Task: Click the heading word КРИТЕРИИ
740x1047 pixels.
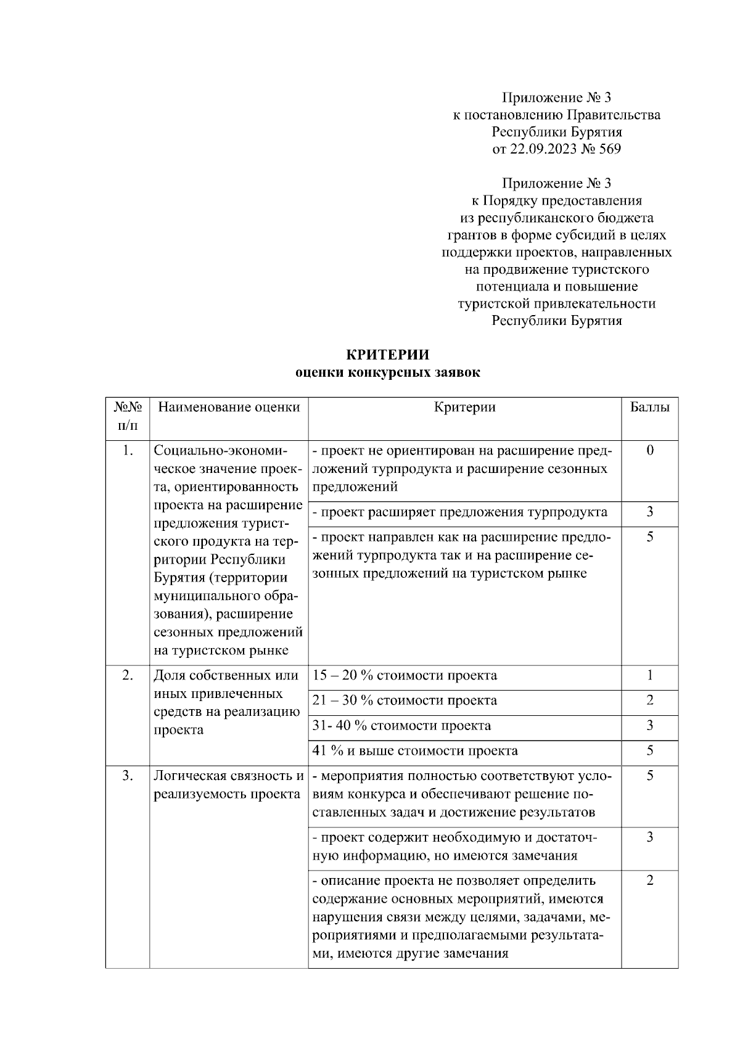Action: (x=387, y=355)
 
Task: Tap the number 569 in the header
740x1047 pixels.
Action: (x=609, y=149)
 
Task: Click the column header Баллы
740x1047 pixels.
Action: (x=649, y=407)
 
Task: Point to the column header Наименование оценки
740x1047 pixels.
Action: (x=229, y=407)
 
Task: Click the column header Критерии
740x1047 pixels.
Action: (x=464, y=407)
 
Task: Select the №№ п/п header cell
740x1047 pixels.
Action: (x=128, y=416)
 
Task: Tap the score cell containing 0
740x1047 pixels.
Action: (x=650, y=450)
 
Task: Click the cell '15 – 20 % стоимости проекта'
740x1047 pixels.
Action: (x=405, y=675)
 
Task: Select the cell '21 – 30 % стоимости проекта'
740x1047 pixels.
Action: (x=405, y=700)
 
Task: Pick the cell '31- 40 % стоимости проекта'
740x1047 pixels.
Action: (x=401, y=726)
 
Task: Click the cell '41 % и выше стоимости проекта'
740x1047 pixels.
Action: (x=415, y=751)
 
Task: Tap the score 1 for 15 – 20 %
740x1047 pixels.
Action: (x=650, y=675)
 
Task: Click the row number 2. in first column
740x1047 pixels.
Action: (x=128, y=675)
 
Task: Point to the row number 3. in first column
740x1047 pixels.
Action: (x=128, y=776)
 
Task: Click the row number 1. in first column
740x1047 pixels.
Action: (x=128, y=450)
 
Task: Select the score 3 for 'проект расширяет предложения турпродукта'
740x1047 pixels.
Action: (x=650, y=512)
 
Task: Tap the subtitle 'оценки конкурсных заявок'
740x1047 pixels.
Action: (x=387, y=372)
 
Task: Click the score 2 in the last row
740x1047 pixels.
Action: (x=650, y=881)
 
